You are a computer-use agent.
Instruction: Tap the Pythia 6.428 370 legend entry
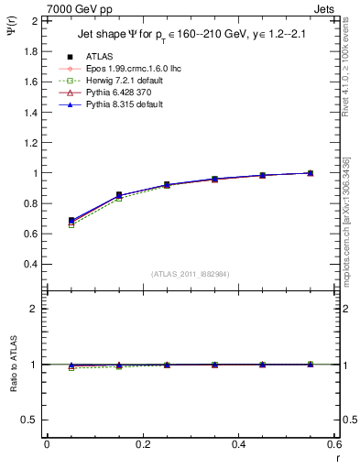(x=112, y=93)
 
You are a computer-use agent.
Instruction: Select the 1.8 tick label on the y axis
(x=30, y=51)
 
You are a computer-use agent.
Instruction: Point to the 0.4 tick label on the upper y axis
(x=30, y=264)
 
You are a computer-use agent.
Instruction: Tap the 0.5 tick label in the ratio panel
(x=30, y=420)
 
